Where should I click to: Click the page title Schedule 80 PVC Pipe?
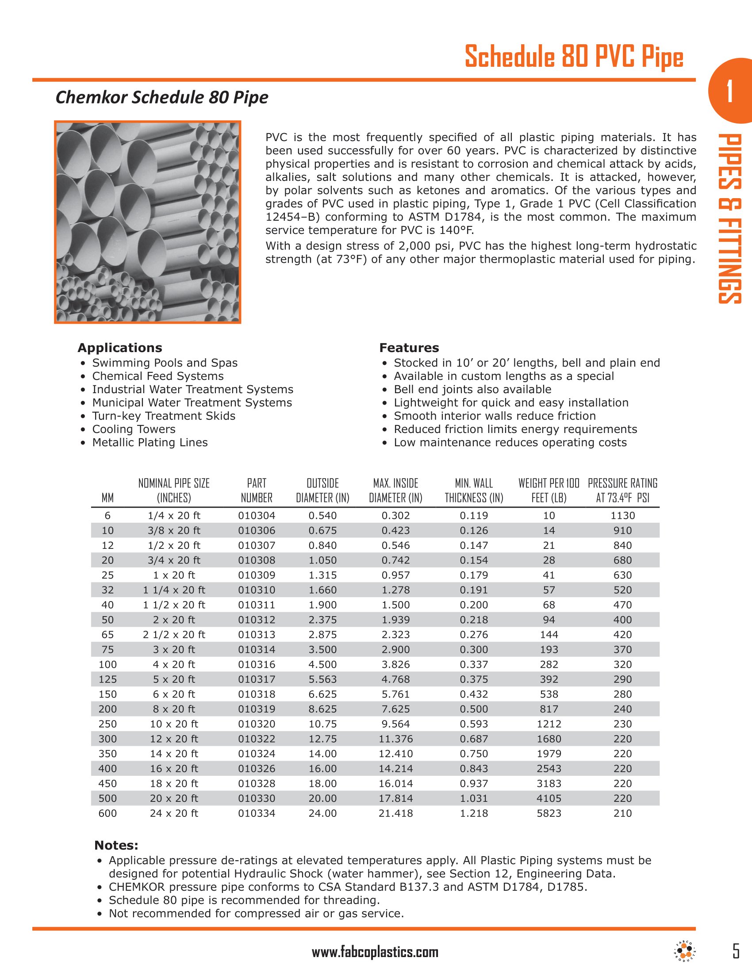pyautogui.click(x=573, y=57)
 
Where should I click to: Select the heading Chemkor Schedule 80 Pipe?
pyautogui.click(x=162, y=98)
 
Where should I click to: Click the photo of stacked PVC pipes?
pyautogui.click(x=147, y=222)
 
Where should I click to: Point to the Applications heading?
pyautogui.click(x=120, y=348)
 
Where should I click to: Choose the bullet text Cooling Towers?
pyautogui.click(x=134, y=429)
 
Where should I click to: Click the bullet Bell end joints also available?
pyautogui.click(x=472, y=389)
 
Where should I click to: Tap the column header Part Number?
pyautogui.click(x=257, y=490)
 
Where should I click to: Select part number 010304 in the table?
pyautogui.click(x=257, y=515)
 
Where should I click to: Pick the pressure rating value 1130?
pyautogui.click(x=622, y=515)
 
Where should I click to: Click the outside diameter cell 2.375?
pyautogui.click(x=322, y=620)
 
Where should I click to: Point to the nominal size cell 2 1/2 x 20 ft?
pyautogui.click(x=174, y=634)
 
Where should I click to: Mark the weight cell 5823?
pyautogui.click(x=549, y=813)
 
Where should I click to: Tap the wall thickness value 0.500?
pyautogui.click(x=474, y=709)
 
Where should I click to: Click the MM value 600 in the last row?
pyautogui.click(x=107, y=813)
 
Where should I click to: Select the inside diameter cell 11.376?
pyautogui.click(x=395, y=739)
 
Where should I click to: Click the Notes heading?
pyautogui.click(x=116, y=845)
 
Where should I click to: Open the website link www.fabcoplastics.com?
pyautogui.click(x=375, y=953)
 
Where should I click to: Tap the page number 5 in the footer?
pyautogui.click(x=736, y=951)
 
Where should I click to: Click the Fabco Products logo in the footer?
pyautogui.click(x=684, y=951)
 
